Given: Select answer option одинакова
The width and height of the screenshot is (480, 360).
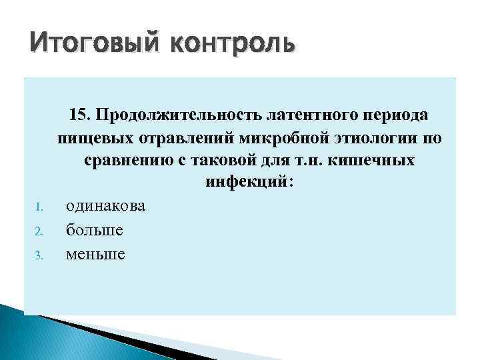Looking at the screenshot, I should (x=105, y=206).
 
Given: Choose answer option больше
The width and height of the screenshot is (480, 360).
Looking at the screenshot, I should (x=94, y=230).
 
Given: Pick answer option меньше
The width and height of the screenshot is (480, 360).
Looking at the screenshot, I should (x=95, y=254).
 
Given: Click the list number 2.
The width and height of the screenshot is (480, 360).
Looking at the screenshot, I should (x=39, y=231).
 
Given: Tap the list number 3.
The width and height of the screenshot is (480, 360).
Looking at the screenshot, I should (x=39, y=255).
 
